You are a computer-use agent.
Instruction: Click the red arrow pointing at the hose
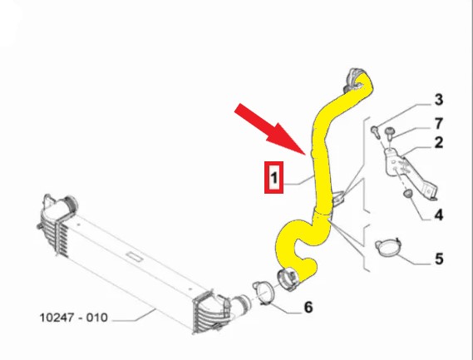click(271, 129)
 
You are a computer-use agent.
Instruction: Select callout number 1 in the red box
click(273, 177)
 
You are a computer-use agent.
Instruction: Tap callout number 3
click(438, 100)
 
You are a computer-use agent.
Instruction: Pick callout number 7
click(438, 123)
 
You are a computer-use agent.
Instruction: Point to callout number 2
click(438, 142)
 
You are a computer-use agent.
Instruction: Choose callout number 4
click(439, 215)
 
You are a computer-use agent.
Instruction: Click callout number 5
click(439, 259)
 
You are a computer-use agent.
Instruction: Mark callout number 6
click(308, 307)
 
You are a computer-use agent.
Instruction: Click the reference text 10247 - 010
click(74, 318)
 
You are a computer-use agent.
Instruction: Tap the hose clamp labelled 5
click(387, 248)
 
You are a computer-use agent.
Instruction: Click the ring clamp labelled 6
click(264, 292)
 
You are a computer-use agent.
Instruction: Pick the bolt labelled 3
click(375, 131)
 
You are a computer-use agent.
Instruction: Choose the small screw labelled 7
click(390, 133)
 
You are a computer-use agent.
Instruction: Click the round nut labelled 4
click(408, 194)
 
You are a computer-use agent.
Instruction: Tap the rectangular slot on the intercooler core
click(135, 257)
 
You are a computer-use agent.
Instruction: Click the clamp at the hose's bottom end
click(288, 279)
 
